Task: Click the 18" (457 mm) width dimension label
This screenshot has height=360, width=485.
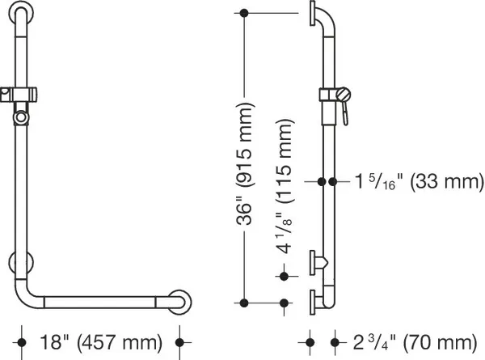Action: [101, 342]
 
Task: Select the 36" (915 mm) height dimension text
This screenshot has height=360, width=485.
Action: [245, 163]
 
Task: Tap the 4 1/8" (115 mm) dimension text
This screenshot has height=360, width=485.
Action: [284, 186]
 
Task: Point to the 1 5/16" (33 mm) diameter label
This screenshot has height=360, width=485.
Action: [419, 181]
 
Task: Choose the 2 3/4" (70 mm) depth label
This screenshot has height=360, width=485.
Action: [415, 342]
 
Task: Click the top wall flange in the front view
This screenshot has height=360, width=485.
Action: [20, 14]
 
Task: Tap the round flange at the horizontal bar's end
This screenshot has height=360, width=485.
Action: [179, 303]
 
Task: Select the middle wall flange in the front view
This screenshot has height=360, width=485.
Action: [21, 262]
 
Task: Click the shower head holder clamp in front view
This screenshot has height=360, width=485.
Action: [19, 95]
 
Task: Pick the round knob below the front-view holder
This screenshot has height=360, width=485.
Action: [21, 117]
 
